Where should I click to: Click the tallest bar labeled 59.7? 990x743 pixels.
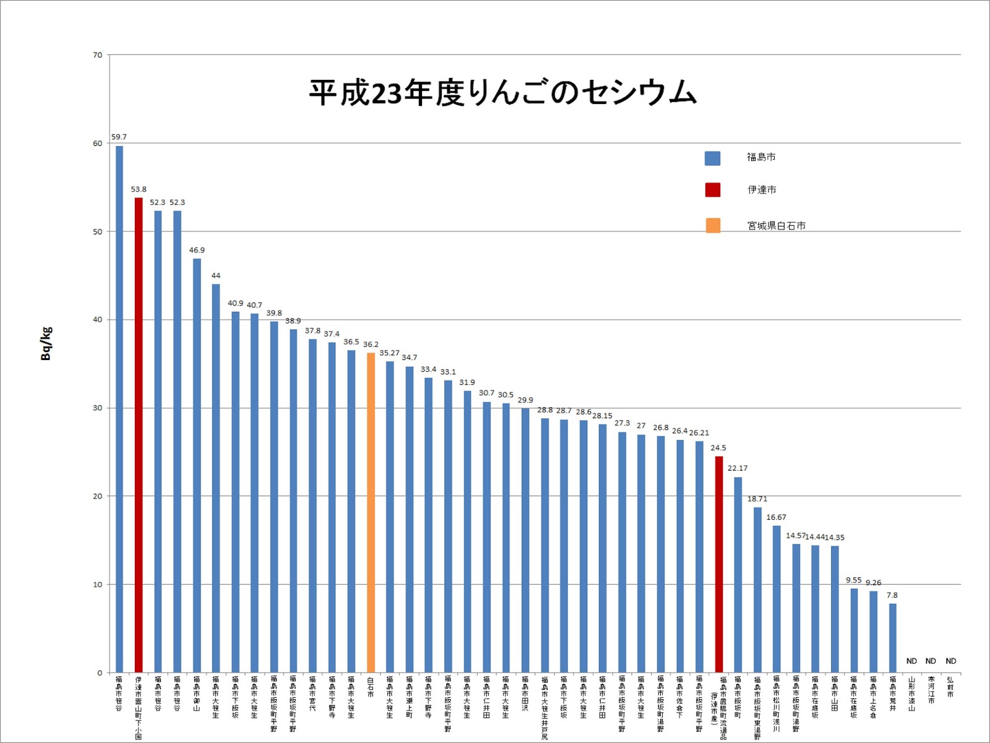119,408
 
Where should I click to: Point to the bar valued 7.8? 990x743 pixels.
892,638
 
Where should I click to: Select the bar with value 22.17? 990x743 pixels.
738,575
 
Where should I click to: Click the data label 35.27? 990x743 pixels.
389,353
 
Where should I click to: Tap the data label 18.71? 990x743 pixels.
757,499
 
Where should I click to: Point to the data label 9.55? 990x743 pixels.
854,580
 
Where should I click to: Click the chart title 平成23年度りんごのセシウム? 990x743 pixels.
502,93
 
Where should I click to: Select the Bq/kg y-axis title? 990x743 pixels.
46,343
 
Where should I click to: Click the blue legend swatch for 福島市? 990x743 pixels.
712,158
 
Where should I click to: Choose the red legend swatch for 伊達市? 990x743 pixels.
712,190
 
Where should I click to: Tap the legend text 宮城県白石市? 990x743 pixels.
776,226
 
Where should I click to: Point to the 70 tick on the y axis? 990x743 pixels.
98,55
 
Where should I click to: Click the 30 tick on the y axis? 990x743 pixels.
98,408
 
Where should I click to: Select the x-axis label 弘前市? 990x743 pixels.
950,687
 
